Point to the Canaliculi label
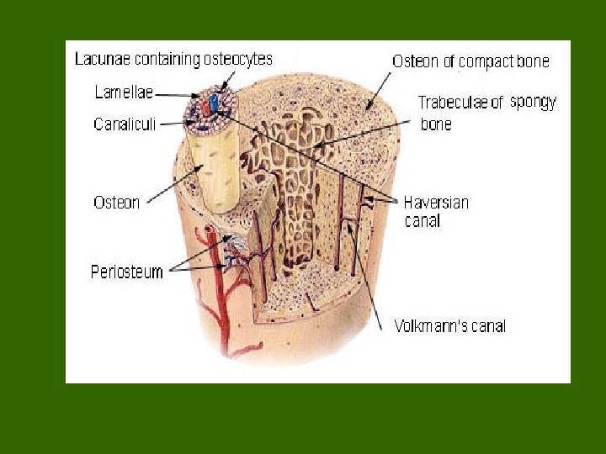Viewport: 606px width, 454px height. [x=122, y=125]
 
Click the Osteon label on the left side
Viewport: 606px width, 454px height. [x=115, y=203]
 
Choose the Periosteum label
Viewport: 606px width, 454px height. [x=127, y=272]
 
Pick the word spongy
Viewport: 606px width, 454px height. [x=534, y=102]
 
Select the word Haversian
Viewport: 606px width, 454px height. [x=436, y=203]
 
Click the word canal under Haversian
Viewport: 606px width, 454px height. [x=422, y=221]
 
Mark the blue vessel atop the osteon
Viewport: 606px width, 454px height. [x=215, y=103]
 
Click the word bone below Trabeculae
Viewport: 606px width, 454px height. [x=435, y=124]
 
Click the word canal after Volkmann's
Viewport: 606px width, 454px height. [x=490, y=325]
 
